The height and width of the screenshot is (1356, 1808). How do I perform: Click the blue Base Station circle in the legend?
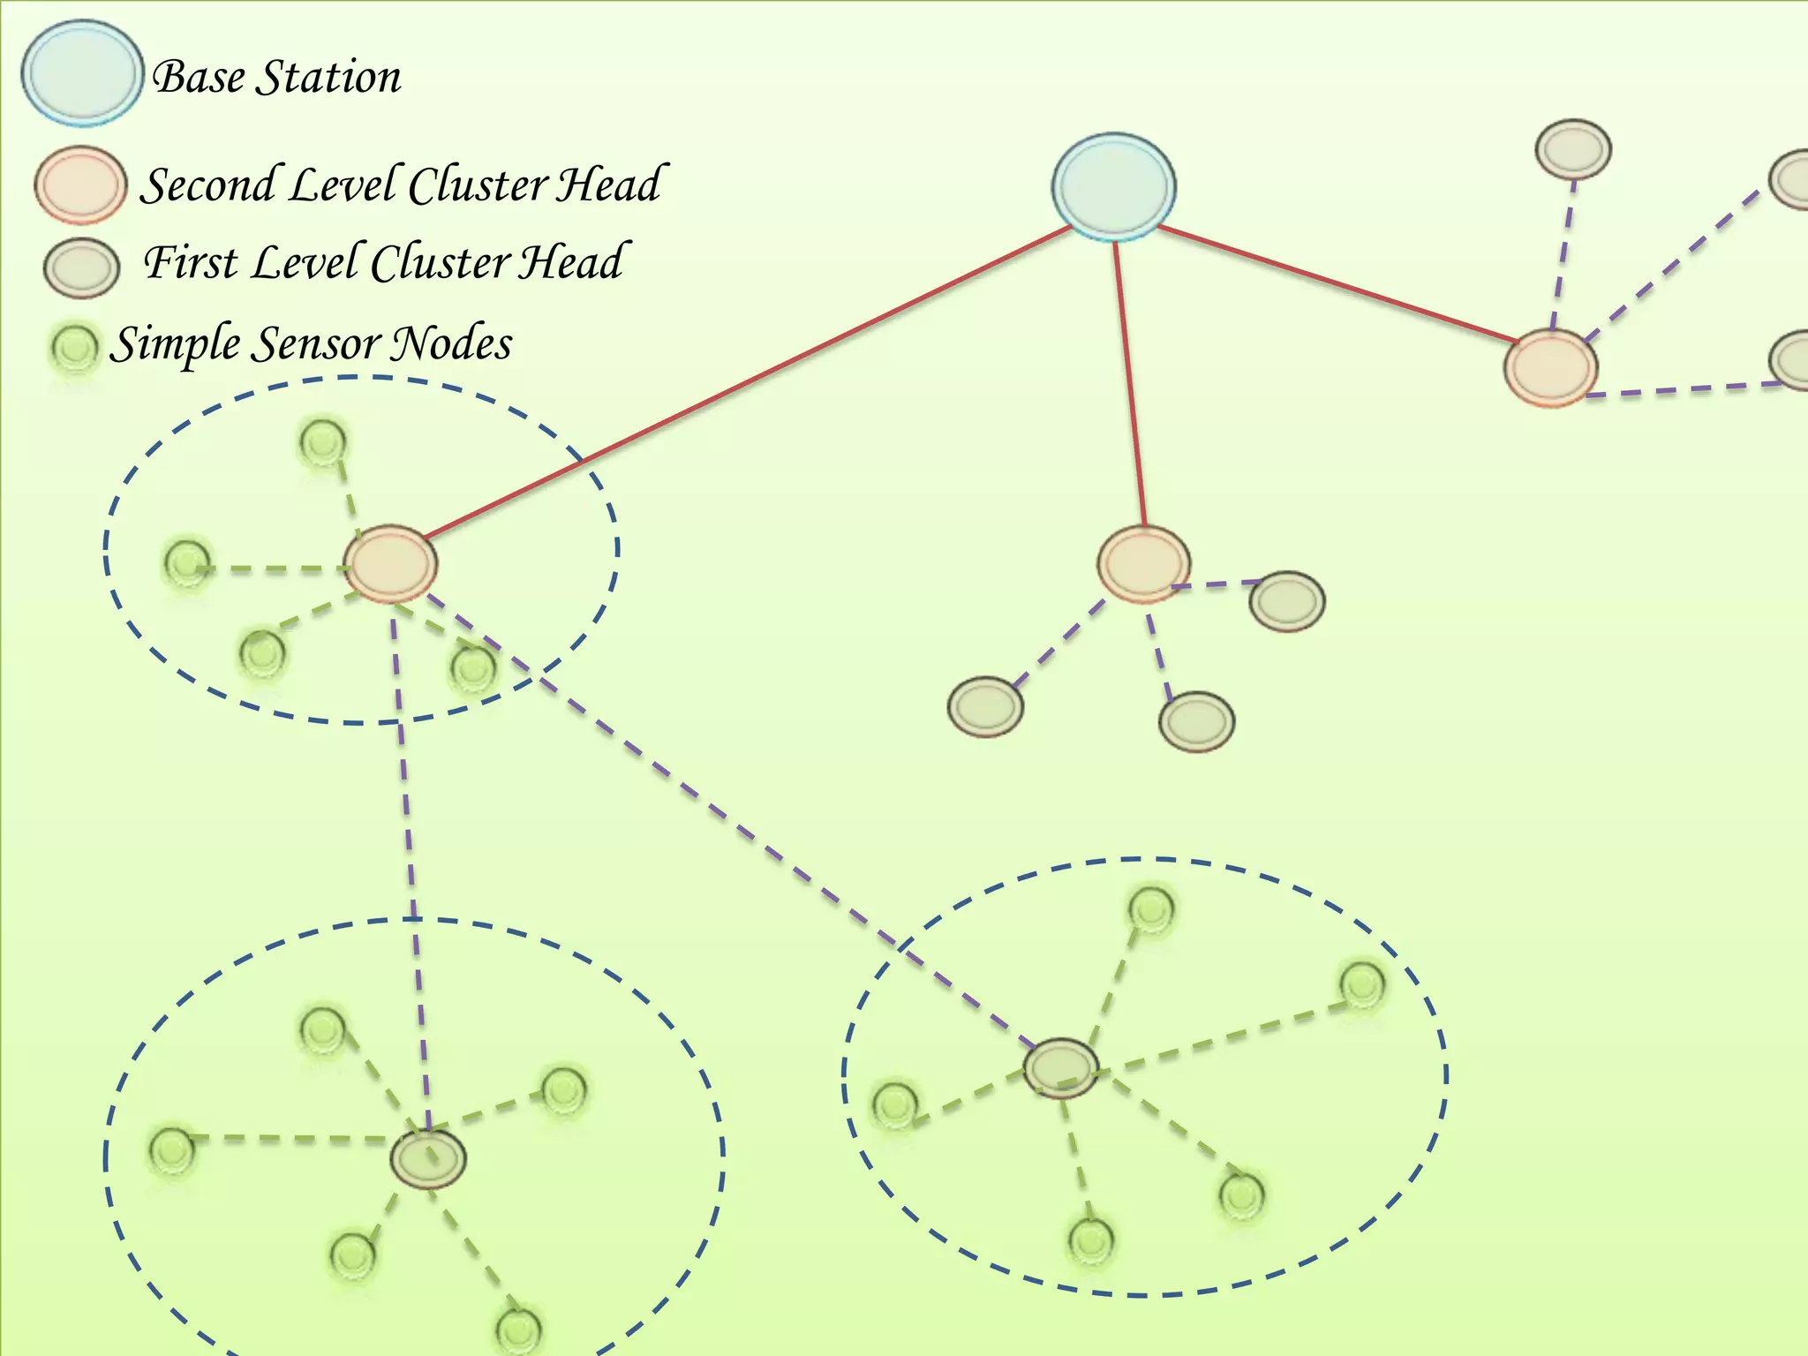82,73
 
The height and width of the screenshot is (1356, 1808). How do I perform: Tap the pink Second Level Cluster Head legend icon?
80,185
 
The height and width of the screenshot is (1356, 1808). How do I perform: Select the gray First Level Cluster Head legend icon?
81,267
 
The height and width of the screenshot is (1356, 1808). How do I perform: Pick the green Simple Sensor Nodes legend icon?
75,347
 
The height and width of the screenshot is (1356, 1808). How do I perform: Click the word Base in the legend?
199,77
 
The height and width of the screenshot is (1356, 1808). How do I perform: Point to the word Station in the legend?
328,77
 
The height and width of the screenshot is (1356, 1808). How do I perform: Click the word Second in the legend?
208,185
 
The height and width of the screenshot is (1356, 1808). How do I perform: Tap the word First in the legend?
189,262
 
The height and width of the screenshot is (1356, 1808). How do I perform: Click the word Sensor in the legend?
313,344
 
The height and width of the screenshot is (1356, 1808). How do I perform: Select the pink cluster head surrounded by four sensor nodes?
390,564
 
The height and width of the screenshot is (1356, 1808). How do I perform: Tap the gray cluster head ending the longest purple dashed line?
1062,1068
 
